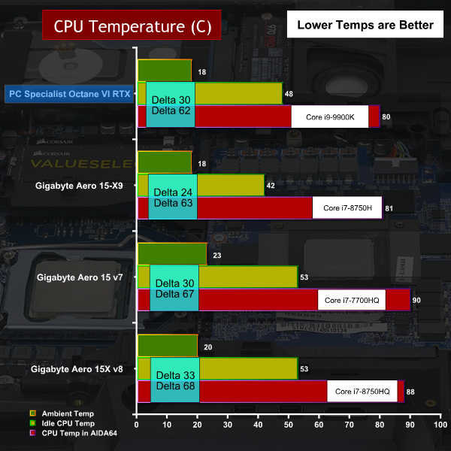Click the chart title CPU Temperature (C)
[x=132, y=26]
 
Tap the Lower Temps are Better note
[x=365, y=25]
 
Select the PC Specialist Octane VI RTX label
[x=68, y=94]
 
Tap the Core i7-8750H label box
[x=347, y=207]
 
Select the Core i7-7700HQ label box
[x=351, y=300]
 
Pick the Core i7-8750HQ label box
[x=362, y=392]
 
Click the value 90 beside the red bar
[x=417, y=300]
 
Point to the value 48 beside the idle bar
[x=289, y=94]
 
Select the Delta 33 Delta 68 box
[x=175, y=380]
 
